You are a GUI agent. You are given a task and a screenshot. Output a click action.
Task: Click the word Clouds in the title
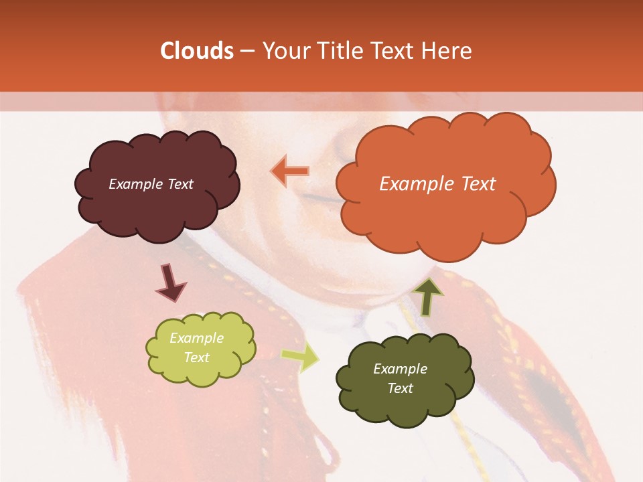tap(197, 51)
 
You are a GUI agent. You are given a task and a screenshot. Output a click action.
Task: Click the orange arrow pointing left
tap(290, 171)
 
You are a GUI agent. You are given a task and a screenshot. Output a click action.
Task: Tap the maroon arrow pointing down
tap(170, 283)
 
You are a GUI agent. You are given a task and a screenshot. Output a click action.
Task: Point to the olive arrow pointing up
tap(427, 296)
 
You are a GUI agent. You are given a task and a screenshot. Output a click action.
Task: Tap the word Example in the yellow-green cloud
tap(196, 338)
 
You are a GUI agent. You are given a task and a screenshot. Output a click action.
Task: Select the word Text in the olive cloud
tap(400, 389)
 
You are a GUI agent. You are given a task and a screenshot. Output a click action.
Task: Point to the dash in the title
tap(246, 51)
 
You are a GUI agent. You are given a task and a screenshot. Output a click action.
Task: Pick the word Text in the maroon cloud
tap(179, 184)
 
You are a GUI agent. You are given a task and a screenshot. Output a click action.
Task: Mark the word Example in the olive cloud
tap(400, 369)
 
